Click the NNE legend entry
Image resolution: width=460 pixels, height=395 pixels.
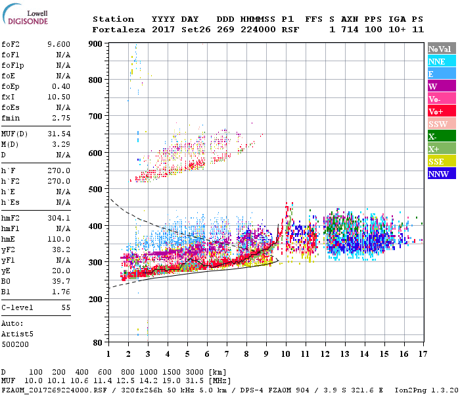(442, 61)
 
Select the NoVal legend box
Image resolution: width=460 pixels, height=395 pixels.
(442, 49)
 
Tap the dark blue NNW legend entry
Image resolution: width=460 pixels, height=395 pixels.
(442, 174)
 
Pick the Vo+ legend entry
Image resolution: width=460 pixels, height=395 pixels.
(442, 111)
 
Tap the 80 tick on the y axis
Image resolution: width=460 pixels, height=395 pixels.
(98, 342)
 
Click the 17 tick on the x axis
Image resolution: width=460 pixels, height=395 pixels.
(422, 354)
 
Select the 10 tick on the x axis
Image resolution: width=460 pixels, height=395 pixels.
(286, 354)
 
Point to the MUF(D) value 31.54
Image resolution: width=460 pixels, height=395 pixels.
(59, 134)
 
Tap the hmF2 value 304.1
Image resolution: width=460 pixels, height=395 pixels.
(59, 218)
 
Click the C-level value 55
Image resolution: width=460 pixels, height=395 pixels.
(64, 307)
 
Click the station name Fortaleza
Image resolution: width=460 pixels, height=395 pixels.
(113, 30)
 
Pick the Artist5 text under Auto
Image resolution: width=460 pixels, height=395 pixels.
(18, 334)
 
